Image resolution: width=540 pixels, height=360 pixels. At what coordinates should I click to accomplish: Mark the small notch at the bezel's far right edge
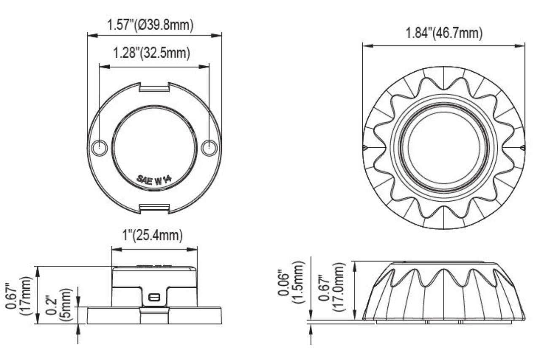coord(523,147)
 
